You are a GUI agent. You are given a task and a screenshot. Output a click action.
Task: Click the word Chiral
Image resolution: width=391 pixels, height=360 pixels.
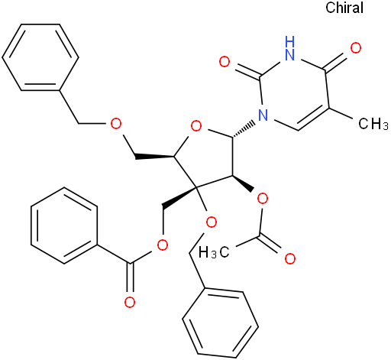click(344, 8)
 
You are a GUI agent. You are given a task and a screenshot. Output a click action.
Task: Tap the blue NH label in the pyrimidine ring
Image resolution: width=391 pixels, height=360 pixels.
click(290, 48)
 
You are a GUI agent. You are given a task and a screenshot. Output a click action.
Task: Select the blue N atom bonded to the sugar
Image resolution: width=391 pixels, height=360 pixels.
click(263, 115)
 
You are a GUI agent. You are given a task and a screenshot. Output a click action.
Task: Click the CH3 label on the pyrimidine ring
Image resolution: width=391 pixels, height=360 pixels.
click(373, 124)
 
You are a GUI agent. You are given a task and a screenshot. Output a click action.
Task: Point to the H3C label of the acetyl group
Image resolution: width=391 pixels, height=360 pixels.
click(214, 252)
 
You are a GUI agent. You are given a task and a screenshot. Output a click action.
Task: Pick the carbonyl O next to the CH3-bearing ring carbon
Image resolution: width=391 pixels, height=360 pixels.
click(356, 48)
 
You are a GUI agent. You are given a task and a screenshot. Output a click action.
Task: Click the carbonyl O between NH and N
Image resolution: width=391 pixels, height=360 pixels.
click(225, 62)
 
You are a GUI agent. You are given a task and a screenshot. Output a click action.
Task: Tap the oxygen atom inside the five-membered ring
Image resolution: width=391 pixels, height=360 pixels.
click(196, 127)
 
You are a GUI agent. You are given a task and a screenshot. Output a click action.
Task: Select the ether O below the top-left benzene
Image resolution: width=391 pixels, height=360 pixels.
click(116, 124)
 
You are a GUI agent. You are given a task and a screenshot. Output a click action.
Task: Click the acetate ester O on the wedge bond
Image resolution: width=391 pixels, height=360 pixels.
click(263, 199)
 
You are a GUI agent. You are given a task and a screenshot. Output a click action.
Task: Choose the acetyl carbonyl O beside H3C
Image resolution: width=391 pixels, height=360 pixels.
click(290, 259)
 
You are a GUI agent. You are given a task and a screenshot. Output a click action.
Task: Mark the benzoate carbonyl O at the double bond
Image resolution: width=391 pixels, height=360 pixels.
click(130, 303)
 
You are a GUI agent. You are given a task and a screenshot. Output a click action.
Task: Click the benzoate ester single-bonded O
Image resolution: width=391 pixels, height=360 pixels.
click(163, 245)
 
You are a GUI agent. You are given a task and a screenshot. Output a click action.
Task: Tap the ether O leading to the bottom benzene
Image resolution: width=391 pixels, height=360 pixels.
click(212, 222)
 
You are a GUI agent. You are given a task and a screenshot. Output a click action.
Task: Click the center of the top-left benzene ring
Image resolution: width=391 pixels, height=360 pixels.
click(40, 57)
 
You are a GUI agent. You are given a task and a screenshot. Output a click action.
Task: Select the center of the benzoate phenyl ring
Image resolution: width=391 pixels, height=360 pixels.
click(64, 225)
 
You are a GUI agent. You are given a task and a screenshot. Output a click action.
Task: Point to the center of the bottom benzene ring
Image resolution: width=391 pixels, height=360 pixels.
click(221, 323)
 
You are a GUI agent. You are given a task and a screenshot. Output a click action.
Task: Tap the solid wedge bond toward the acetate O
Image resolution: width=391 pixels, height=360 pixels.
click(243, 183)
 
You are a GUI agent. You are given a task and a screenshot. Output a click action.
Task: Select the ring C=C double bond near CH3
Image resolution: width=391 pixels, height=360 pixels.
click(313, 119)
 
